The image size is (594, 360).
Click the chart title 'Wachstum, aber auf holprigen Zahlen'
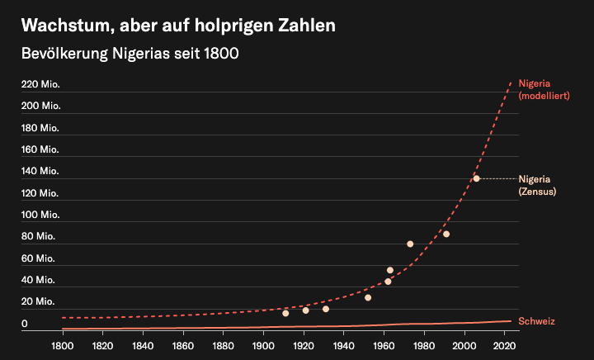pos(178,26)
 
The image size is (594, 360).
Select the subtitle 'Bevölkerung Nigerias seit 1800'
pos(130,54)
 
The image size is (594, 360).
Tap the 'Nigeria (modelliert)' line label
pos(544,89)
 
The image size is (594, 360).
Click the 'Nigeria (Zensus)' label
pos(536,185)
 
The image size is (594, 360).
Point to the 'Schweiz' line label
pos(536,320)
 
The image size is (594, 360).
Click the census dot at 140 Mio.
pos(476,178)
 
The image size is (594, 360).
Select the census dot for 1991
pos(446,234)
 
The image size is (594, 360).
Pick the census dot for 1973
pos(410,244)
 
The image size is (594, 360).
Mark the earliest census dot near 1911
pos(285,313)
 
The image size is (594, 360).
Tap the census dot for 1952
pos(368,297)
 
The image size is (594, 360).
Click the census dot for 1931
pos(326,309)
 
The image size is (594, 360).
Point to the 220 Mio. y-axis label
pos(40,84)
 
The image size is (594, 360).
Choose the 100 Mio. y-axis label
pos(40,215)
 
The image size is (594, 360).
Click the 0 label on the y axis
pos(25,324)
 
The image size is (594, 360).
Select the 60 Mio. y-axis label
pos(38,258)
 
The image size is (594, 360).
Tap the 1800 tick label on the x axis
pos(62,343)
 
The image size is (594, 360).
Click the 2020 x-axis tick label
pos(505,343)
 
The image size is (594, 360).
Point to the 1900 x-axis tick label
pos(263,343)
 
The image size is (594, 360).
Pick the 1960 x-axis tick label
pos(384,343)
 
